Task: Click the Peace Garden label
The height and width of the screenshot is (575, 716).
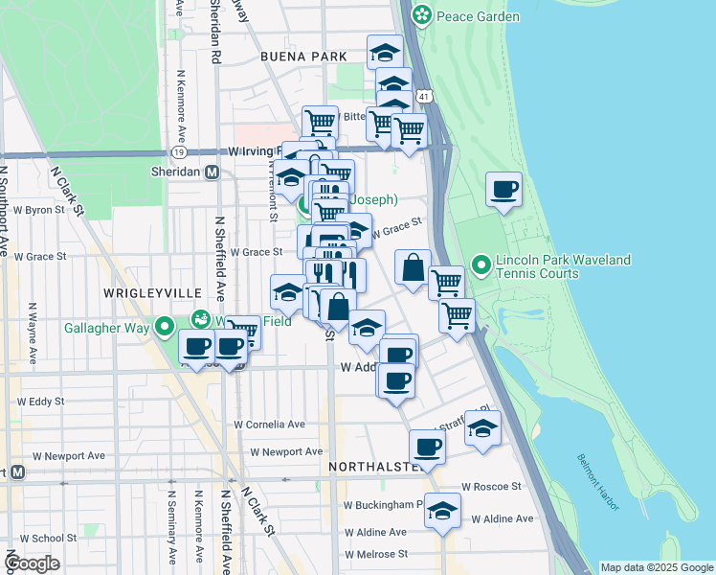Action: coord(478,16)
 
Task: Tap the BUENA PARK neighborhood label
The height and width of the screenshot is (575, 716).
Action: coord(302,57)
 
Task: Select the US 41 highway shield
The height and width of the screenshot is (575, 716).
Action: coord(423,97)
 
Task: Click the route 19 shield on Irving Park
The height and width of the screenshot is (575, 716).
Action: coord(178,151)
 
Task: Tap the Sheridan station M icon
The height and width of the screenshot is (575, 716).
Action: coord(213,172)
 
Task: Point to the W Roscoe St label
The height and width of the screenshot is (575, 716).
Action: coord(491,486)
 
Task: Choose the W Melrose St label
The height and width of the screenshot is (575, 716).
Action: coord(376,554)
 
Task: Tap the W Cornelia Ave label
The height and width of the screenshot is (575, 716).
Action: coord(270,424)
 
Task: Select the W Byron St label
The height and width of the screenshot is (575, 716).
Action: coord(38,209)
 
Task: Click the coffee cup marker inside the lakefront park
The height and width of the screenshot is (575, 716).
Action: coord(503,189)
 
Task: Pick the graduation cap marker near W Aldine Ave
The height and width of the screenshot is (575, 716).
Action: coord(442,511)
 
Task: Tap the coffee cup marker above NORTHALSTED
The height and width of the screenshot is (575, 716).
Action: coord(427,446)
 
